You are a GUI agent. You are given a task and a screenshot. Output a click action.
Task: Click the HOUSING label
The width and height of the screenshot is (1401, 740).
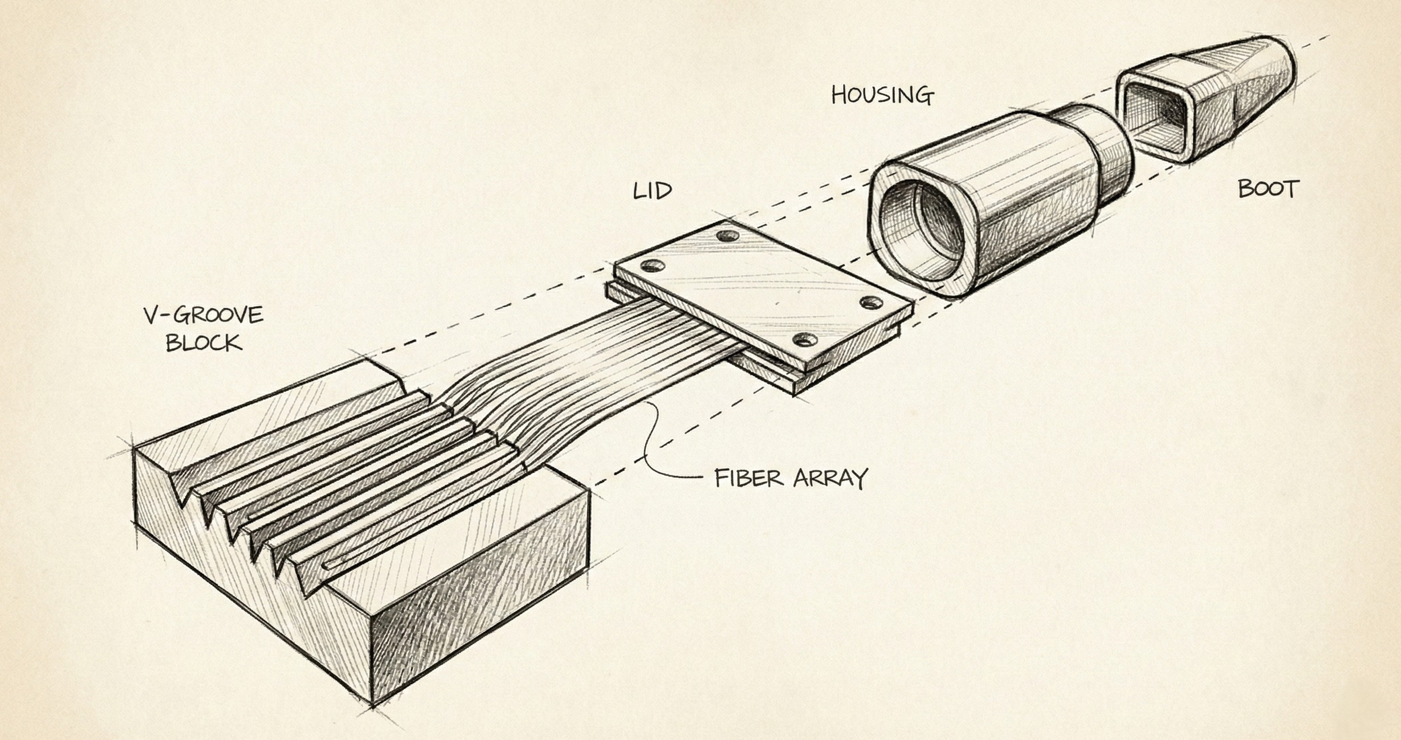(882, 95)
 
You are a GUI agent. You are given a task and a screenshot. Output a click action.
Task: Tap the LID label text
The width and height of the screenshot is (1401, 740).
(653, 191)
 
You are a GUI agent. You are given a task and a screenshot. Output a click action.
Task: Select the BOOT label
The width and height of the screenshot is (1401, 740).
(1268, 189)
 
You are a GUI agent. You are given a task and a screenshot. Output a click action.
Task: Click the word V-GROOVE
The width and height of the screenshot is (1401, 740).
(203, 316)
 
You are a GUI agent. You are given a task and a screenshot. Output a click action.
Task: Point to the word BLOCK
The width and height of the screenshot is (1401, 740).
(203, 344)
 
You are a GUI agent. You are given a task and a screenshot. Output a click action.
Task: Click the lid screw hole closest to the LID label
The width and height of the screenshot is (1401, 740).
(725, 235)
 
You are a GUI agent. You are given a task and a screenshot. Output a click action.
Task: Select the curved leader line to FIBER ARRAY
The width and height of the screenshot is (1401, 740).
(655, 450)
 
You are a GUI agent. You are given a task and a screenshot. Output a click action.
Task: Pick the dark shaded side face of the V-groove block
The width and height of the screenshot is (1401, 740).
(479, 604)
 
